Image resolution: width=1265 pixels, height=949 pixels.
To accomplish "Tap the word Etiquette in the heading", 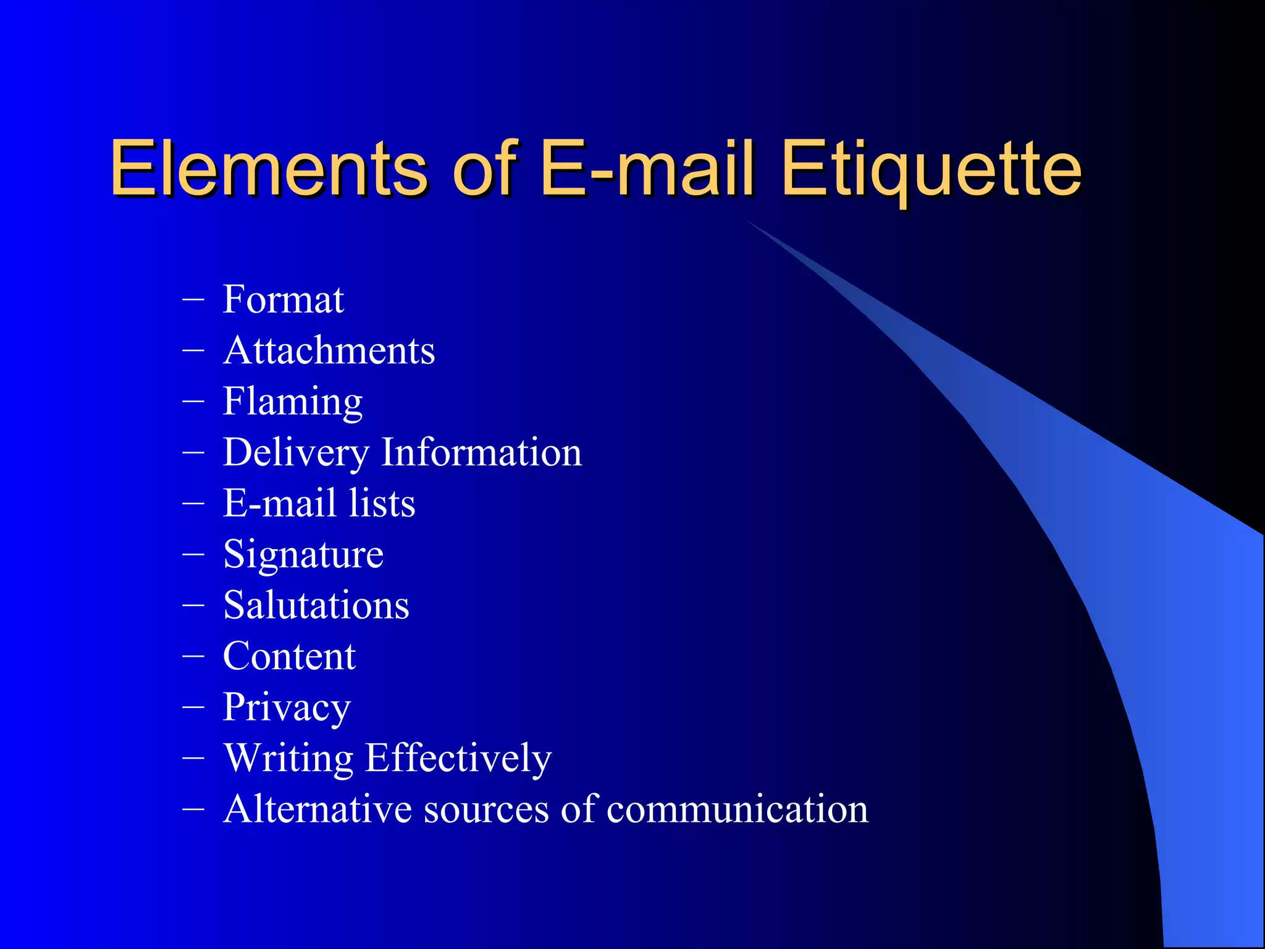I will click(931, 168).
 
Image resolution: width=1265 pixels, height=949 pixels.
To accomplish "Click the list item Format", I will click(283, 300).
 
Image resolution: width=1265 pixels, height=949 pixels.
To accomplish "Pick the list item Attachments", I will click(329, 350).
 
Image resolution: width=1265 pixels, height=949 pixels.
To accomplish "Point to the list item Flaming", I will click(292, 402).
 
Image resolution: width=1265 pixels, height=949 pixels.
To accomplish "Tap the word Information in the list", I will click(481, 452).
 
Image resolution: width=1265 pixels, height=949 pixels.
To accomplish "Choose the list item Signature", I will click(303, 554).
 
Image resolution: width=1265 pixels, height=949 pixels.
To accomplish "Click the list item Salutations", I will click(316, 605).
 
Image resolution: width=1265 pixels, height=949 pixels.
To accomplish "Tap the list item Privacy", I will click(287, 707).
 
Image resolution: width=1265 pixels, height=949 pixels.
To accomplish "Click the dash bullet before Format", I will click(193, 299).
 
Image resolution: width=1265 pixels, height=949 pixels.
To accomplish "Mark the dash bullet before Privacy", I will click(193, 706).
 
